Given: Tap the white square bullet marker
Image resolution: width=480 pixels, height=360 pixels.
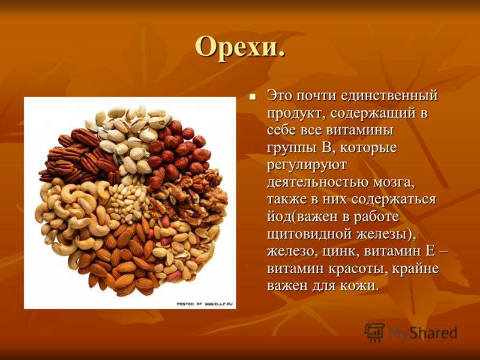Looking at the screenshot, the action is tap(253, 97).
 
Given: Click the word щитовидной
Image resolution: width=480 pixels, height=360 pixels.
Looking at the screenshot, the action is tap(310, 235).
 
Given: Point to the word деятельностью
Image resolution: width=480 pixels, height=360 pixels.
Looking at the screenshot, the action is tap(317, 182).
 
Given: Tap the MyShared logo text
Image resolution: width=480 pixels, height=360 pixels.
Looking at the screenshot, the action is tap(423, 333).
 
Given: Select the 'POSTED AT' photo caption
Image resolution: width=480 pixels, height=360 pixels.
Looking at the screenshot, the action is tap(205, 304).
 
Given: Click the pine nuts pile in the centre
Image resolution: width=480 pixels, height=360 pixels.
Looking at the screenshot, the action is tap(128, 200).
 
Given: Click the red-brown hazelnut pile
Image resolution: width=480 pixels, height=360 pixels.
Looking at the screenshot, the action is tap(178, 151).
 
